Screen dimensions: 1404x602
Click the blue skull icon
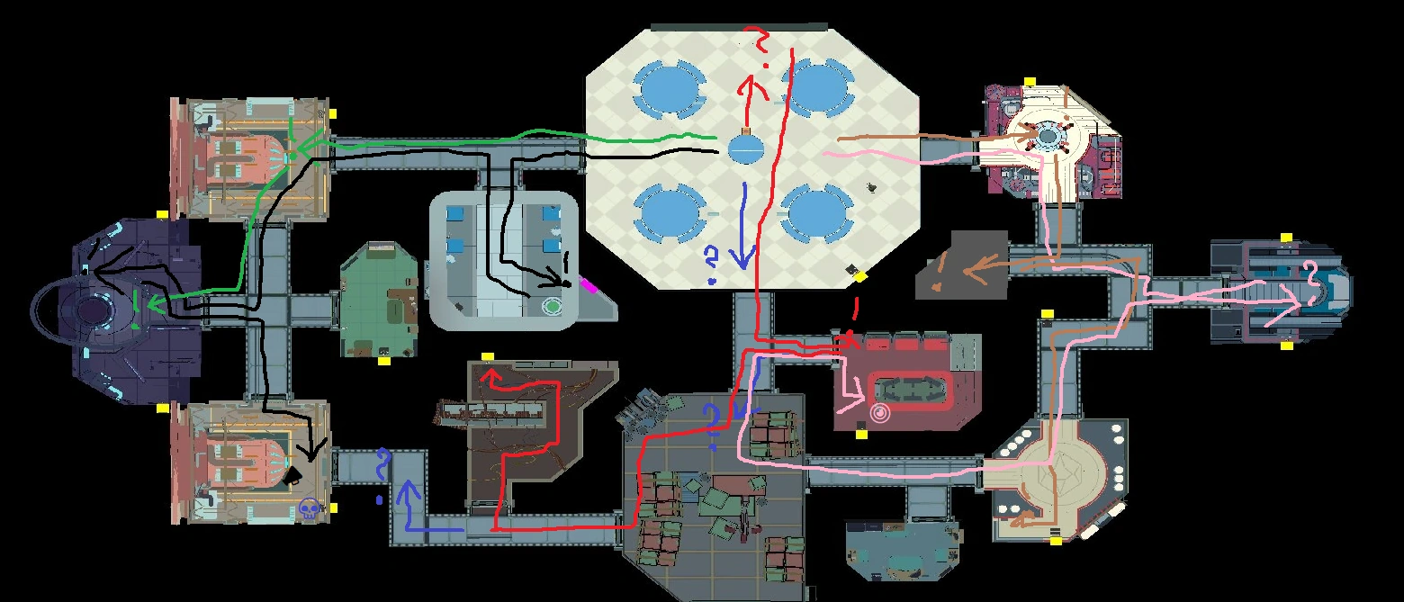[x=309, y=508]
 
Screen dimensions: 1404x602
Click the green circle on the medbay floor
[x=553, y=306]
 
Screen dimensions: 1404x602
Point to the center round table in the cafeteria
[x=746, y=148]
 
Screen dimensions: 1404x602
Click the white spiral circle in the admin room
[x=880, y=412]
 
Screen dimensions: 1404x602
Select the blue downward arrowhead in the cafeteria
[x=743, y=259]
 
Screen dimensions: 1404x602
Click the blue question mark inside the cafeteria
[x=711, y=264]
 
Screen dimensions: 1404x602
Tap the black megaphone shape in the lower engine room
[x=292, y=477]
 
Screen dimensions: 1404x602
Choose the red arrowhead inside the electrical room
[x=490, y=376]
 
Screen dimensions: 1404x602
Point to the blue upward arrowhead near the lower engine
[x=409, y=490]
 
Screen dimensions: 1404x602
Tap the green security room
[x=379, y=300]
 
